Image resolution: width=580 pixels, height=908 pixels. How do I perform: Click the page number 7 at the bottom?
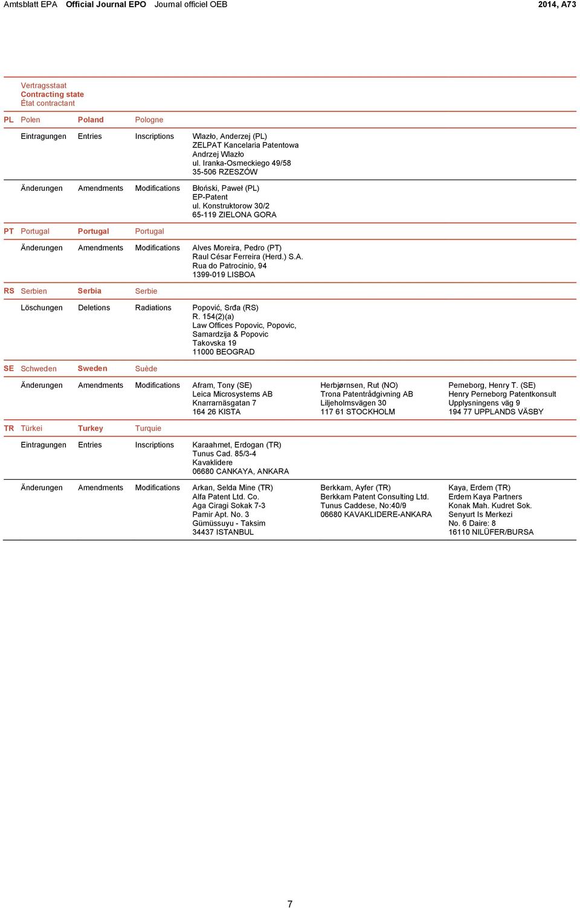(x=290, y=904)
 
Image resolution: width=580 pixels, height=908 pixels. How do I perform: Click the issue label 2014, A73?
(x=556, y=4)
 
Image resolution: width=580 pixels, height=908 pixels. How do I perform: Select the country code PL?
(x=8, y=120)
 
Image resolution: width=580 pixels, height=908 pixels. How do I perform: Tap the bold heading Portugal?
(x=93, y=231)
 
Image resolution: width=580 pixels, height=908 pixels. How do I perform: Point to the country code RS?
(x=8, y=291)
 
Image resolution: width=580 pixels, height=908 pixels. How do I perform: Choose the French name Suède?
(x=146, y=369)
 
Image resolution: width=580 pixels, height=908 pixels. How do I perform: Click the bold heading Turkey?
(x=90, y=428)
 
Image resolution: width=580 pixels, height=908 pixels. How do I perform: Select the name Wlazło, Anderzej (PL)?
(x=229, y=137)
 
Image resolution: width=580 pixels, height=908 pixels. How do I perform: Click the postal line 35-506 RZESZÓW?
(x=225, y=172)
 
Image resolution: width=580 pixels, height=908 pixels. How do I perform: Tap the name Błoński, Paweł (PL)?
(x=225, y=188)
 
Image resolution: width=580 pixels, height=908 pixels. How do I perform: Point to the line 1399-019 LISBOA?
(x=224, y=274)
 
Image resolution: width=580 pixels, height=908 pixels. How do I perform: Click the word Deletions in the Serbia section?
(x=94, y=308)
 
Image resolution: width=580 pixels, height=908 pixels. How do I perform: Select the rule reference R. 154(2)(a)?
(x=213, y=317)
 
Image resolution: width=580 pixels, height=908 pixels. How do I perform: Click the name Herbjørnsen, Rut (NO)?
(x=359, y=385)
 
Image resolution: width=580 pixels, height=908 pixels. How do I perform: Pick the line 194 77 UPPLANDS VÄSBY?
(x=495, y=412)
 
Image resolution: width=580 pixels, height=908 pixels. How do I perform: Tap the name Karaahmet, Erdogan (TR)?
(x=236, y=445)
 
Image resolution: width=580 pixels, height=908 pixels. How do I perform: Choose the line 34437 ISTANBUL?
(x=223, y=532)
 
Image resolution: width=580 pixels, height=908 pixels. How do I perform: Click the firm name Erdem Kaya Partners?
(x=485, y=497)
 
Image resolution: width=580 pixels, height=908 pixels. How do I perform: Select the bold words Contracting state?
(x=52, y=94)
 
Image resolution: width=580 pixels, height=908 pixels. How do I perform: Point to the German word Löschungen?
(x=41, y=308)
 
